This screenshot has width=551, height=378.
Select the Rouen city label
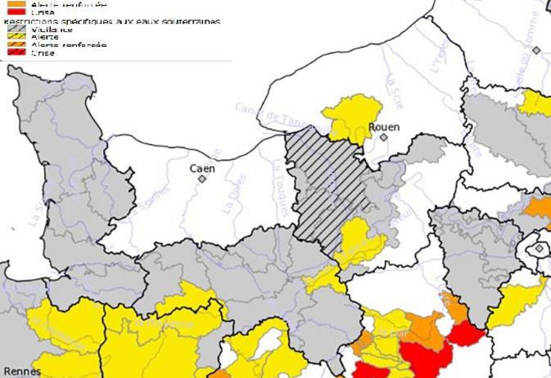click(385, 127)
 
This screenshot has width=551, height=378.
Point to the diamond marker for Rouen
click(384, 137)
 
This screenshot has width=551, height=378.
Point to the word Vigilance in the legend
click(52, 29)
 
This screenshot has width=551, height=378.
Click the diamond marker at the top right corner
click(536, 51)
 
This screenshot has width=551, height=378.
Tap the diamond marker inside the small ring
click(539, 248)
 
